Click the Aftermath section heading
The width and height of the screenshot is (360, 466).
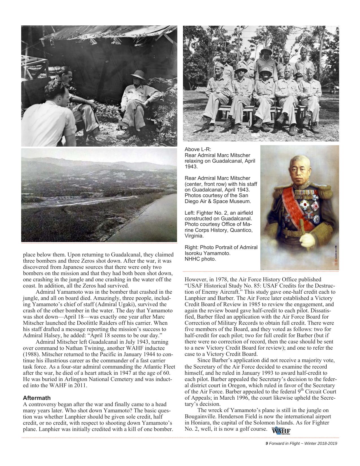point(37,398)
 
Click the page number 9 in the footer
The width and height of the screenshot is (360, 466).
point(267,443)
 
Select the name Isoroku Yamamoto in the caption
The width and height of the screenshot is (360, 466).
point(208,253)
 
